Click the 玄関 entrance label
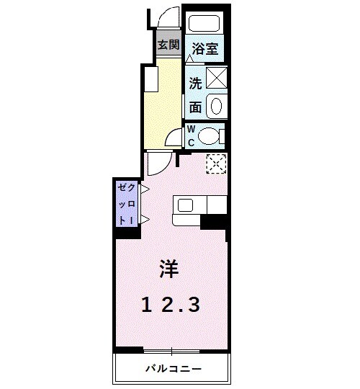168,45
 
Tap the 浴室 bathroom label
205,50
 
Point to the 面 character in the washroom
195,107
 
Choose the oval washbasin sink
216,107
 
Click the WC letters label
192,136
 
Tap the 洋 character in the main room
169,269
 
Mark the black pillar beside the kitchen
215,223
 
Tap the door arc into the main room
159,164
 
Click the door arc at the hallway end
174,139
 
